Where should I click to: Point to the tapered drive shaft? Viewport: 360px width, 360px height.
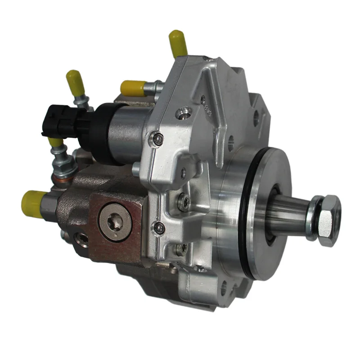click(x=288, y=215)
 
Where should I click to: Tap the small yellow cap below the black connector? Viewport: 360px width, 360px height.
click(x=56, y=143)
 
